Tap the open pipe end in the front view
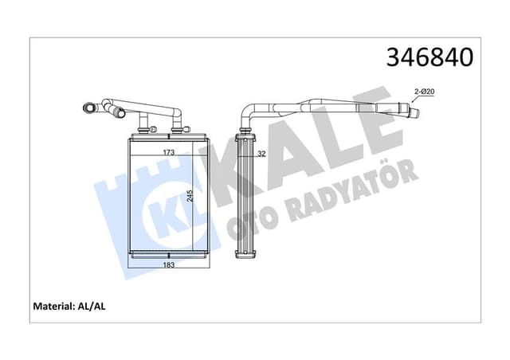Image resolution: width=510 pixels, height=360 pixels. coord(88,107)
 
